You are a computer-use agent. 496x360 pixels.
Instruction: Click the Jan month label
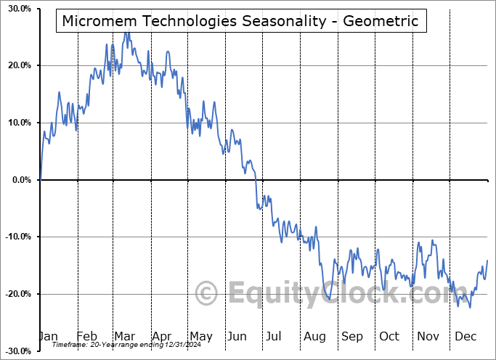47,336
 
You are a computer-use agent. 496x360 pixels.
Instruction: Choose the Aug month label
314,336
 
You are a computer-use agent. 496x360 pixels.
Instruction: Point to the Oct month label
389,336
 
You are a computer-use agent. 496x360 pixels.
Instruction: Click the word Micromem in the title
97,21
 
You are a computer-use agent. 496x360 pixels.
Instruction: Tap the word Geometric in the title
381,21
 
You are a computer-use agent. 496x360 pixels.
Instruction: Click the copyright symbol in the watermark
207,293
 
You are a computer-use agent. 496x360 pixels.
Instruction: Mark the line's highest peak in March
126,32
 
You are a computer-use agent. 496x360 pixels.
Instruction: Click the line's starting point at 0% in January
41,179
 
